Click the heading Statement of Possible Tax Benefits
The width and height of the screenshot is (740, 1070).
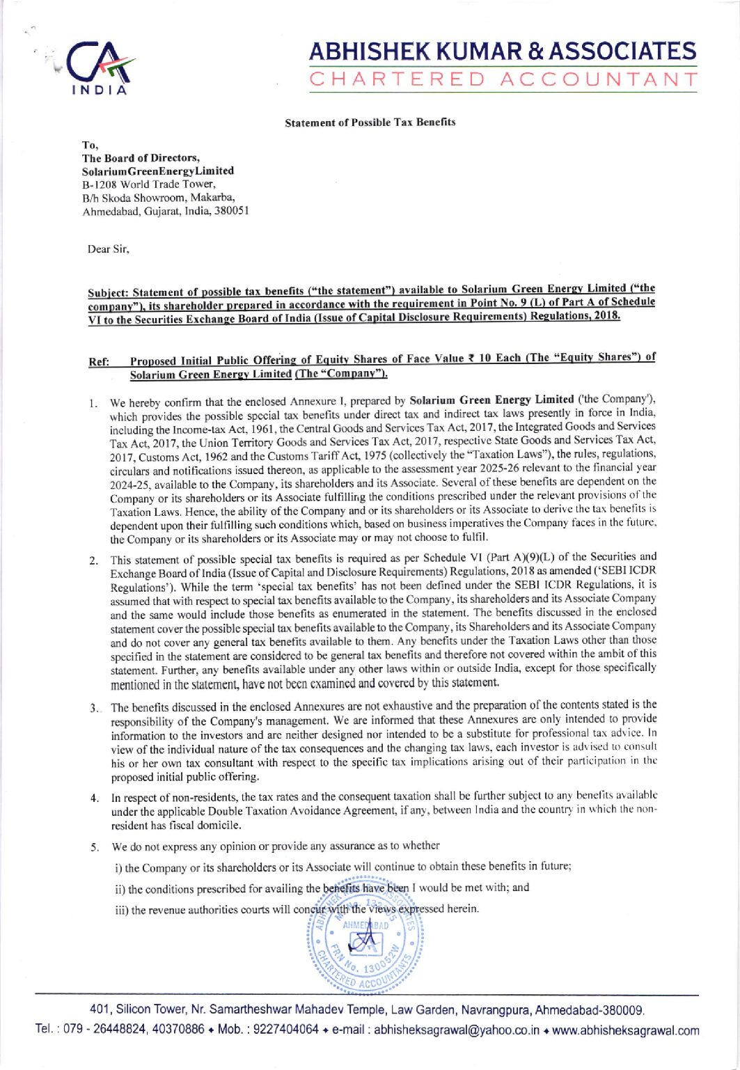[x=370, y=123]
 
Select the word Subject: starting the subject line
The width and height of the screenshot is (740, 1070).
[x=109, y=292]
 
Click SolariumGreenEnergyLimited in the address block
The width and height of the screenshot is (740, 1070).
[x=158, y=171]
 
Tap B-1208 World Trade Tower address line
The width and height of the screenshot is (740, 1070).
[x=150, y=184]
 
